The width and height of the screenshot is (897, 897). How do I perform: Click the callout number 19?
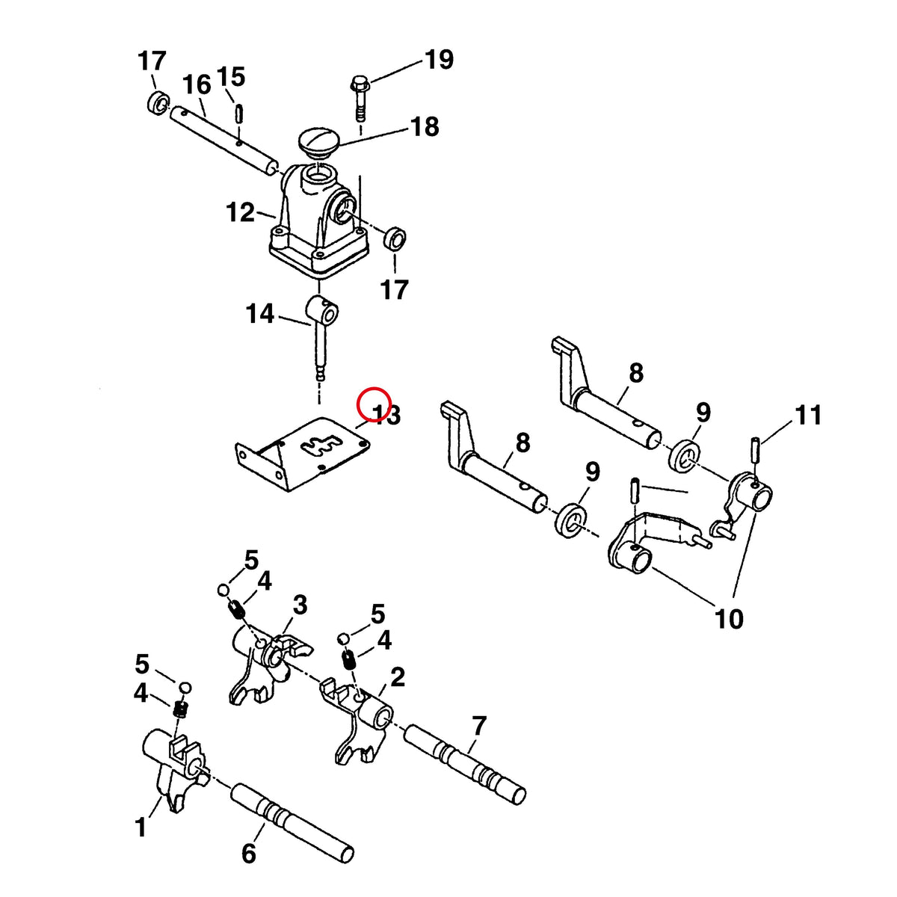[x=438, y=60]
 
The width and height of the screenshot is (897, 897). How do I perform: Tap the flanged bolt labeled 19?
[x=360, y=97]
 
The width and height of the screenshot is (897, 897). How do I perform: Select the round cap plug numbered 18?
[x=318, y=143]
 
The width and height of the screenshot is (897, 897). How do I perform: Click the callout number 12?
[x=241, y=213]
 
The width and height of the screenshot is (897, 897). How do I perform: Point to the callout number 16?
[x=197, y=85]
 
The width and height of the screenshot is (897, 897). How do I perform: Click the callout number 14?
[x=259, y=313]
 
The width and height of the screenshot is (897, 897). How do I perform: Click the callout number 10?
[x=730, y=619]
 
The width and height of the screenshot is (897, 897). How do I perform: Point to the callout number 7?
[x=479, y=726]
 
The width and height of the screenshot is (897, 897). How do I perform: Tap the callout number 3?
[x=300, y=605]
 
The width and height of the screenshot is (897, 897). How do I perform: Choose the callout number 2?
[x=398, y=678]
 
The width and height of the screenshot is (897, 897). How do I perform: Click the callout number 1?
[x=141, y=828]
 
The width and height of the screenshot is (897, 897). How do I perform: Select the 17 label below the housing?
[x=394, y=289]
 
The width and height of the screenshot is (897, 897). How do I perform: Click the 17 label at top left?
[x=152, y=61]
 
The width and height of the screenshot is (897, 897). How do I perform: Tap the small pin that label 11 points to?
[x=756, y=450]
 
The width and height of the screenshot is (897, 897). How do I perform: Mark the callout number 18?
[x=424, y=126]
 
